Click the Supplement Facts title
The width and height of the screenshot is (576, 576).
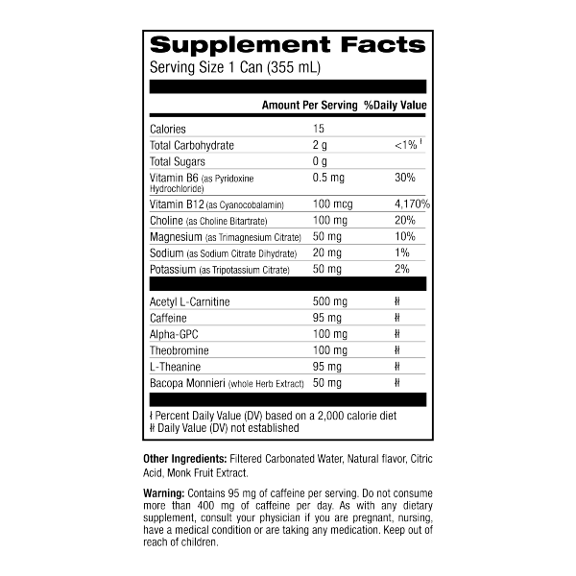click(x=288, y=45)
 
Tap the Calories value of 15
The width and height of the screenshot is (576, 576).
click(x=321, y=129)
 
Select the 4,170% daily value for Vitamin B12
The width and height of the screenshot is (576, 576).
click(x=411, y=204)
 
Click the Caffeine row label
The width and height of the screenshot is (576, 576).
click(x=169, y=318)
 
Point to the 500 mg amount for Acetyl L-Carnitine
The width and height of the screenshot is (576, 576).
click(x=331, y=301)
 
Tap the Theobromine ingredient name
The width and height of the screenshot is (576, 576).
click(x=180, y=350)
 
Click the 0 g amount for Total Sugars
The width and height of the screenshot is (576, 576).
click(x=321, y=161)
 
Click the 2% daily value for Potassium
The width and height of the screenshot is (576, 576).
click(x=402, y=268)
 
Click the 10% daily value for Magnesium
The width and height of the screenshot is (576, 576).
click(x=404, y=236)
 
